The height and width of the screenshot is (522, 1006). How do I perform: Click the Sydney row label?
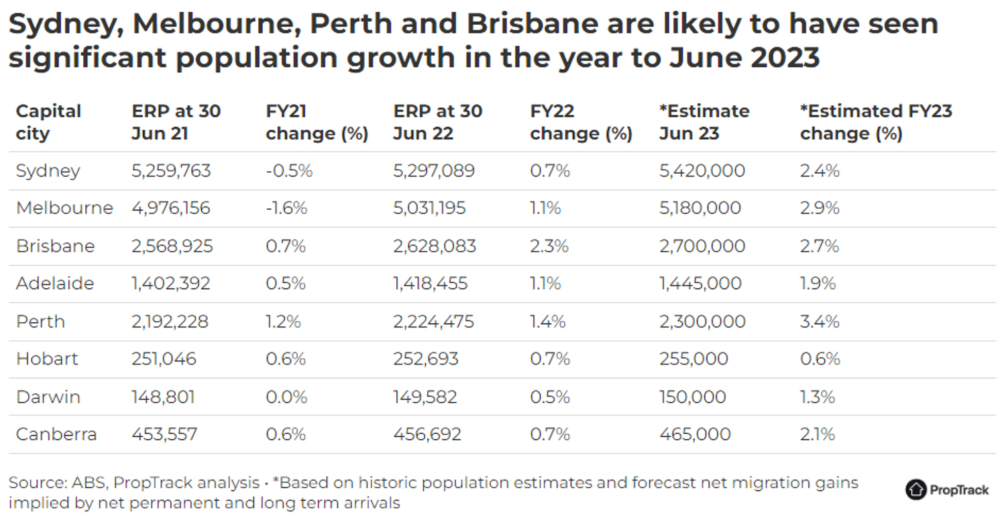point(48,171)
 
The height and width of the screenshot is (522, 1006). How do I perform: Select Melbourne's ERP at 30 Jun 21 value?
point(171,209)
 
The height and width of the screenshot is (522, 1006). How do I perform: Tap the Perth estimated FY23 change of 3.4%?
point(820,321)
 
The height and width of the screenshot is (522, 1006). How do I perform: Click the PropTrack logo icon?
point(915,490)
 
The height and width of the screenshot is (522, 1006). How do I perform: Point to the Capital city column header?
point(48,122)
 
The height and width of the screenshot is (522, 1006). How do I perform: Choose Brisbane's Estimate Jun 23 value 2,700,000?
point(702,246)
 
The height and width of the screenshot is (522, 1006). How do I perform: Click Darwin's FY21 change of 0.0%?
point(286,397)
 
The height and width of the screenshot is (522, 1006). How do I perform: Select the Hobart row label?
point(47,359)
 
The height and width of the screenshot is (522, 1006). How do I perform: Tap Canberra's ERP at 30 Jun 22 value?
point(427,435)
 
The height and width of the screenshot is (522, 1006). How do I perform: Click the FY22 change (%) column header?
point(581,122)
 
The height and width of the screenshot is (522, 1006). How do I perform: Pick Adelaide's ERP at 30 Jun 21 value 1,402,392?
point(171,284)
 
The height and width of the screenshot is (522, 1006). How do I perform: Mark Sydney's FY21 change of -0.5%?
point(289,171)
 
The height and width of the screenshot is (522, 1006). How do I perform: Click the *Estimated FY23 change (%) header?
point(876,122)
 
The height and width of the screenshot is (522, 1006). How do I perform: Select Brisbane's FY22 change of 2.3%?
point(549,246)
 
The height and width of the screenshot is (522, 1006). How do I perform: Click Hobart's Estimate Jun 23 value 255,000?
point(693,359)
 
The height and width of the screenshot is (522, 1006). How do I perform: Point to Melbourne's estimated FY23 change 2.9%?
point(820,209)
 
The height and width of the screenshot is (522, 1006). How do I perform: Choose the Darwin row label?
point(48,397)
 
